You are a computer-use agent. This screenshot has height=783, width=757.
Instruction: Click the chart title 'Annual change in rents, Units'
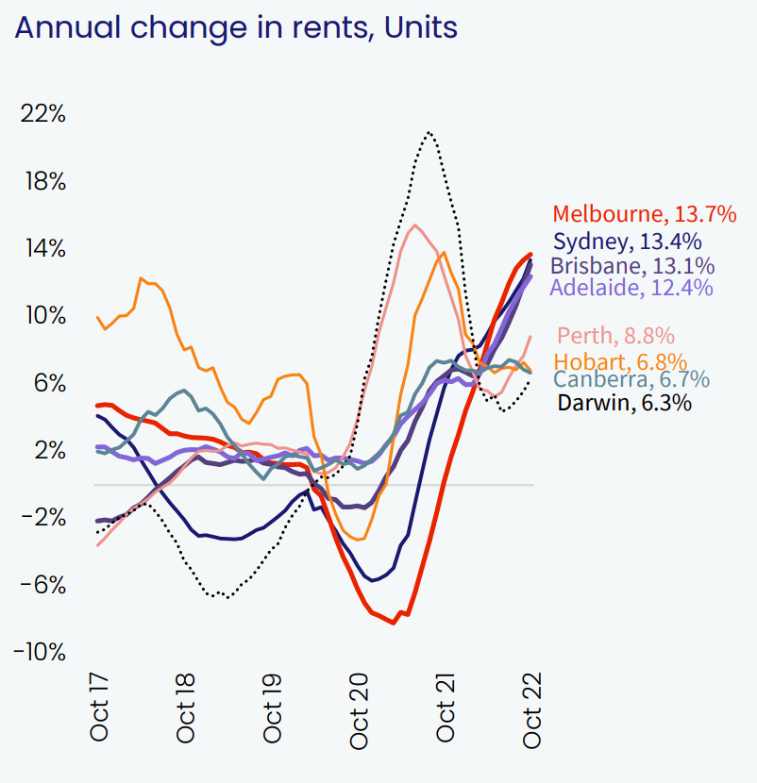point(235,27)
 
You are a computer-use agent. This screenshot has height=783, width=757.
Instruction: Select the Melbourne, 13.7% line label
point(644,214)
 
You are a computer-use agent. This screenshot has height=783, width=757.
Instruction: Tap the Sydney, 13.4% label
point(627,242)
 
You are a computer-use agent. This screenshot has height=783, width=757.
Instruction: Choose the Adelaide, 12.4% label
point(631,288)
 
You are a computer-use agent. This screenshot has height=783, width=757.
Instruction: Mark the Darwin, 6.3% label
point(624,403)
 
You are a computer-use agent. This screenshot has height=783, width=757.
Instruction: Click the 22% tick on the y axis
point(43,114)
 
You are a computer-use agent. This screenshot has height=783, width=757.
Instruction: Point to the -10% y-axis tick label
point(40,652)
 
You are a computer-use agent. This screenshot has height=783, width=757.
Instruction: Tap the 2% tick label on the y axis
point(47,450)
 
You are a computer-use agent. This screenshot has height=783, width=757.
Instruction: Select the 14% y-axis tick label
point(43,249)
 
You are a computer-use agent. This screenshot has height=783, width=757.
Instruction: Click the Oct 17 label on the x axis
point(99,707)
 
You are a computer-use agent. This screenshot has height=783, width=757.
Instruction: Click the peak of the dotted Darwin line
point(429,132)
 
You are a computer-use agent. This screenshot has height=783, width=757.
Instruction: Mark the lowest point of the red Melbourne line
point(394,623)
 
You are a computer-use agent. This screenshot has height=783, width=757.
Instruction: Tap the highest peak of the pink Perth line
point(415,225)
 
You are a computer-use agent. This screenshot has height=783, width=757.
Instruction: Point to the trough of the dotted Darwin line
point(223,596)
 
